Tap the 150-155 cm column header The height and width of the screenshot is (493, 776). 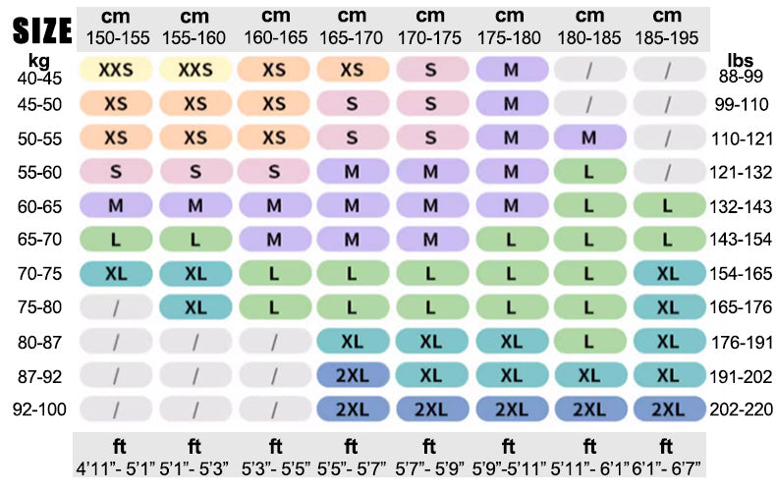click(116, 36)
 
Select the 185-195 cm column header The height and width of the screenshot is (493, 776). click(667, 36)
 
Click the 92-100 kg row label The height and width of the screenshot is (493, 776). click(38, 409)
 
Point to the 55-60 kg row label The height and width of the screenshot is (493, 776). click(38, 172)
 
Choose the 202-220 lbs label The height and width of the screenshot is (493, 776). click(742, 409)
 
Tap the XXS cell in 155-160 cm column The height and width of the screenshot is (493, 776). click(195, 71)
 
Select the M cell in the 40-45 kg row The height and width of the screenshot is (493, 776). click(511, 71)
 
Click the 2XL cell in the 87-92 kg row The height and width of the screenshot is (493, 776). click(353, 375)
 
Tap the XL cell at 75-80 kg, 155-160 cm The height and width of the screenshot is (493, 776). click(195, 307)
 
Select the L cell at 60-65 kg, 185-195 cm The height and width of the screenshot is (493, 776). click(668, 206)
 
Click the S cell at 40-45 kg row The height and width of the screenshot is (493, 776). click(431, 71)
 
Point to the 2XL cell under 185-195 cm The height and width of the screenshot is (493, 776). click(668, 409)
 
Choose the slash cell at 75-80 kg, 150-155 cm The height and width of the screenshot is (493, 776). click(116, 307)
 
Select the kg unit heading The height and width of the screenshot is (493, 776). click(38, 61)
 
